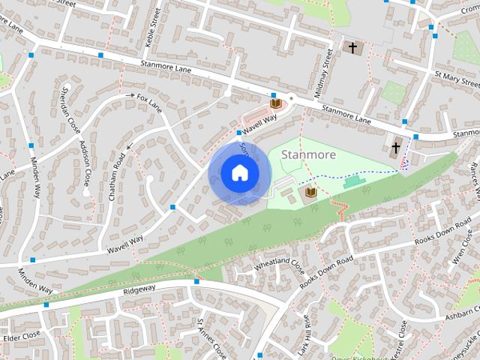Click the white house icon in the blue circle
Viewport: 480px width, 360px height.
(x=239, y=173)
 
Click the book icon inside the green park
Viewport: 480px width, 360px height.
(x=311, y=193)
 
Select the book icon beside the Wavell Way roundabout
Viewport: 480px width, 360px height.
(x=275, y=103)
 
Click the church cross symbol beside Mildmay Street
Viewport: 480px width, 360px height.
(x=352, y=48)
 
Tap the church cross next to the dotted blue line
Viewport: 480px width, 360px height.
(x=396, y=145)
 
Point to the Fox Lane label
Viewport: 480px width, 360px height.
(x=149, y=98)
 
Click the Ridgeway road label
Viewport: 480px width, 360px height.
(x=139, y=289)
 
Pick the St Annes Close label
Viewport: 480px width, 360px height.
(x=211, y=337)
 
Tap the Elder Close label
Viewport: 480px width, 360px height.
(x=21, y=337)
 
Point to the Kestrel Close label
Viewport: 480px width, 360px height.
(x=403, y=339)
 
